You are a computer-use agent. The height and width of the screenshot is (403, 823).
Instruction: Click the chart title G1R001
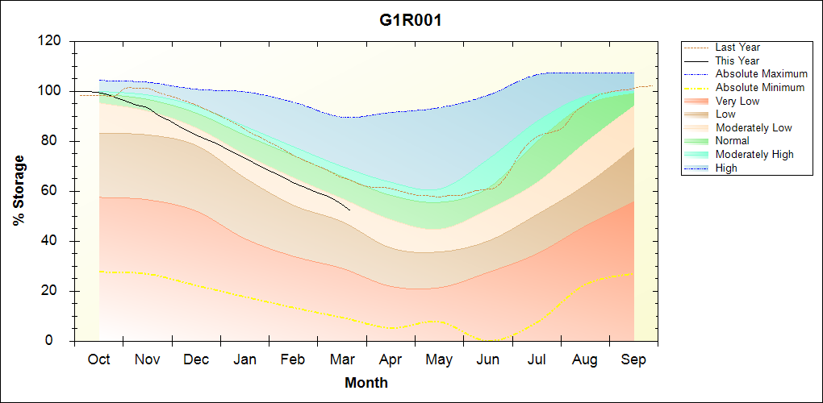point(411,20)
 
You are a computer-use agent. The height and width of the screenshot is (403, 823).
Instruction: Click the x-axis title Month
point(366,383)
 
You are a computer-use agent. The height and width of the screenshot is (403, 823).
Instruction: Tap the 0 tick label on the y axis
point(60,341)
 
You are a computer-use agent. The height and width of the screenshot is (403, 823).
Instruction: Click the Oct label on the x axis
point(99,359)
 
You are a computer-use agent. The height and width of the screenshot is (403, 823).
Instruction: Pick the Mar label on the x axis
point(342,359)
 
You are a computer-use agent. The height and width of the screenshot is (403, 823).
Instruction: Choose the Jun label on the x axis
point(488,359)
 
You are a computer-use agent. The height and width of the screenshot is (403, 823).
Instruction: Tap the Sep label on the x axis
point(633,359)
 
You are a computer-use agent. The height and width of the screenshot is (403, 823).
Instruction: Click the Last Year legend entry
point(737,48)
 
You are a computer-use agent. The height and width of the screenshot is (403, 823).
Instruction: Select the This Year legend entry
point(737,60)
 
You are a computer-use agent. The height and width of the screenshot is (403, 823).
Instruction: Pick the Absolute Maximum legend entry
point(761,74)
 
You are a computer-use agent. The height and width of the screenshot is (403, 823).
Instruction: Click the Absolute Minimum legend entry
point(760,87)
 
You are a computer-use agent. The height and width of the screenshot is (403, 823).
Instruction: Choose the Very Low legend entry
point(737,101)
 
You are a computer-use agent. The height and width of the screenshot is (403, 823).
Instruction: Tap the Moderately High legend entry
point(754,154)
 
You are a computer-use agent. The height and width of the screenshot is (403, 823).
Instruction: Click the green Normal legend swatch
point(697,141)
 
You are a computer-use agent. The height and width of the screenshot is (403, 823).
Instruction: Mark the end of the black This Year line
point(349,210)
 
